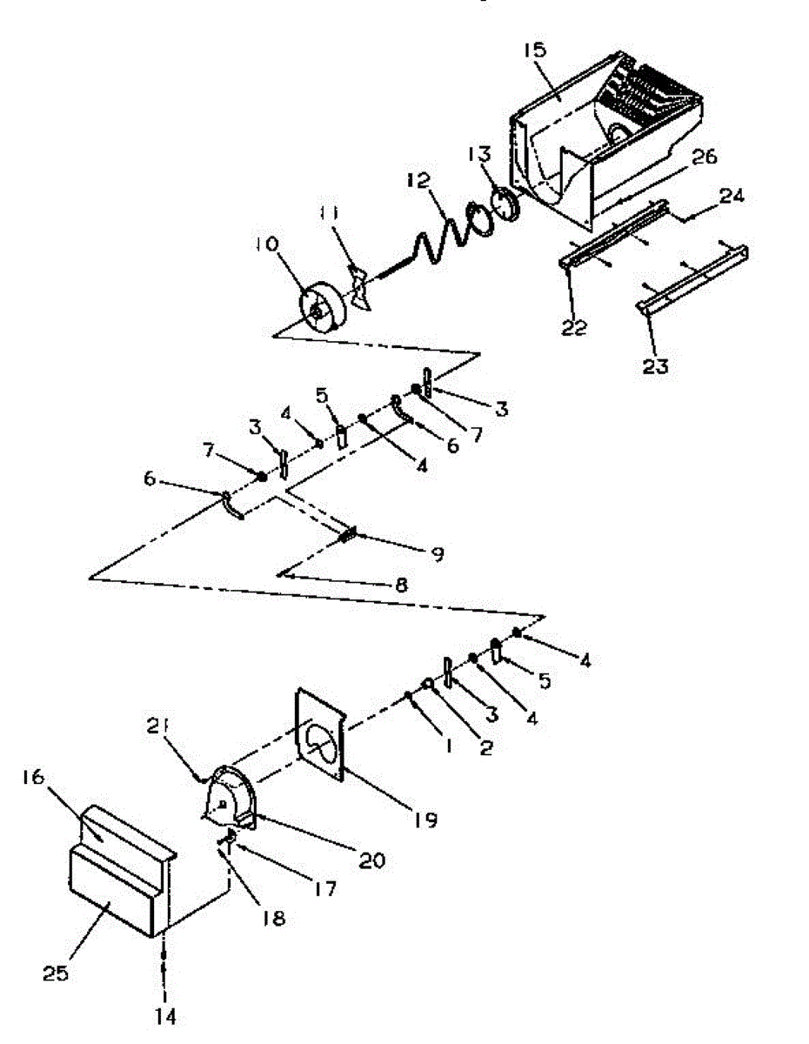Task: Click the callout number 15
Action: point(533,50)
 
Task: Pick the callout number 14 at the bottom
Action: point(165,1014)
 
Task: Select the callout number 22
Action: point(575,328)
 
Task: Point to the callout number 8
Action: point(400,586)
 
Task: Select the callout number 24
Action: point(732,197)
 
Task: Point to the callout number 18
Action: point(273,918)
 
